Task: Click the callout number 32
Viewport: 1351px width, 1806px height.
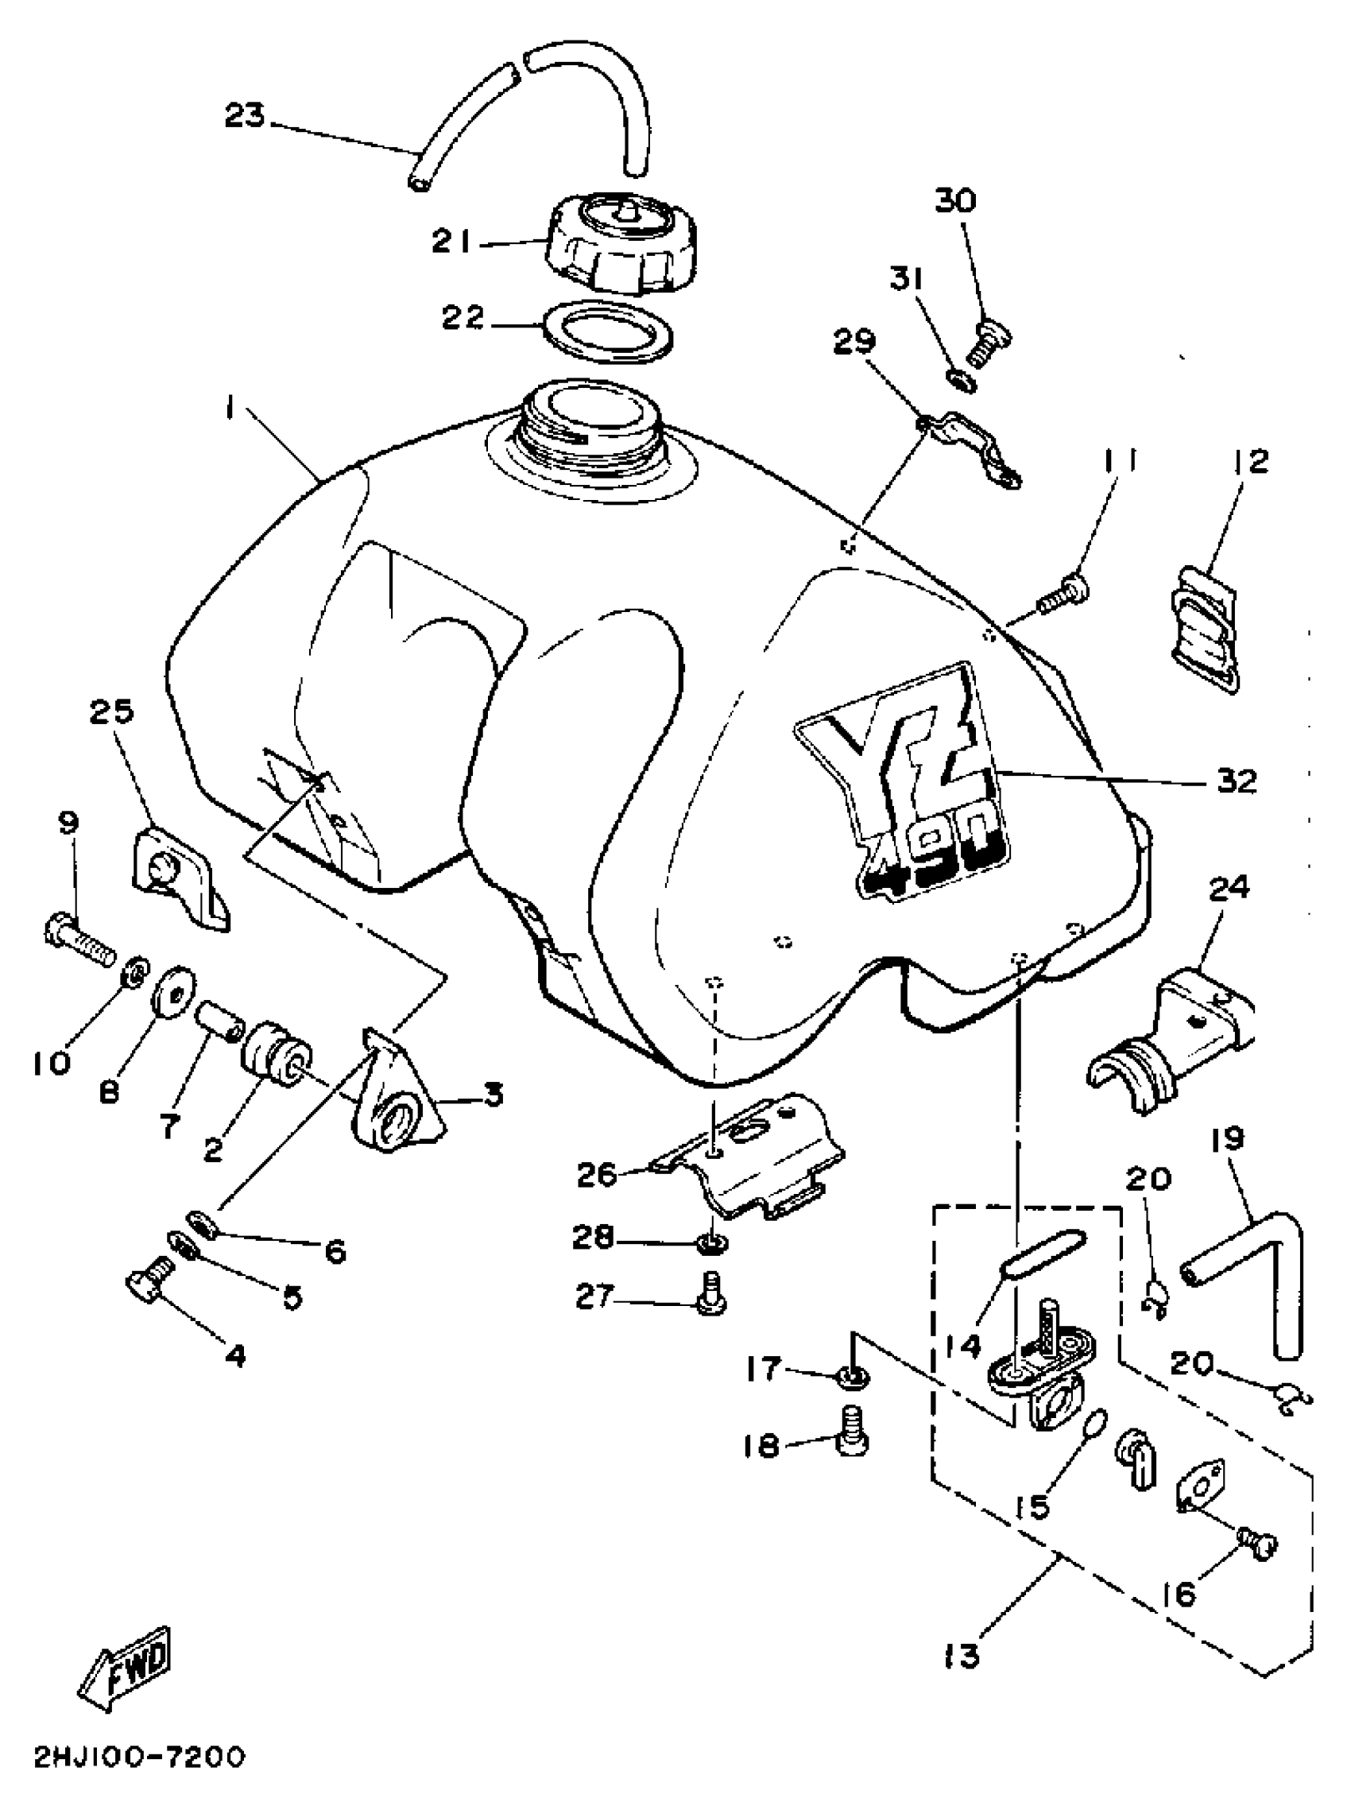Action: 1235,781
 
